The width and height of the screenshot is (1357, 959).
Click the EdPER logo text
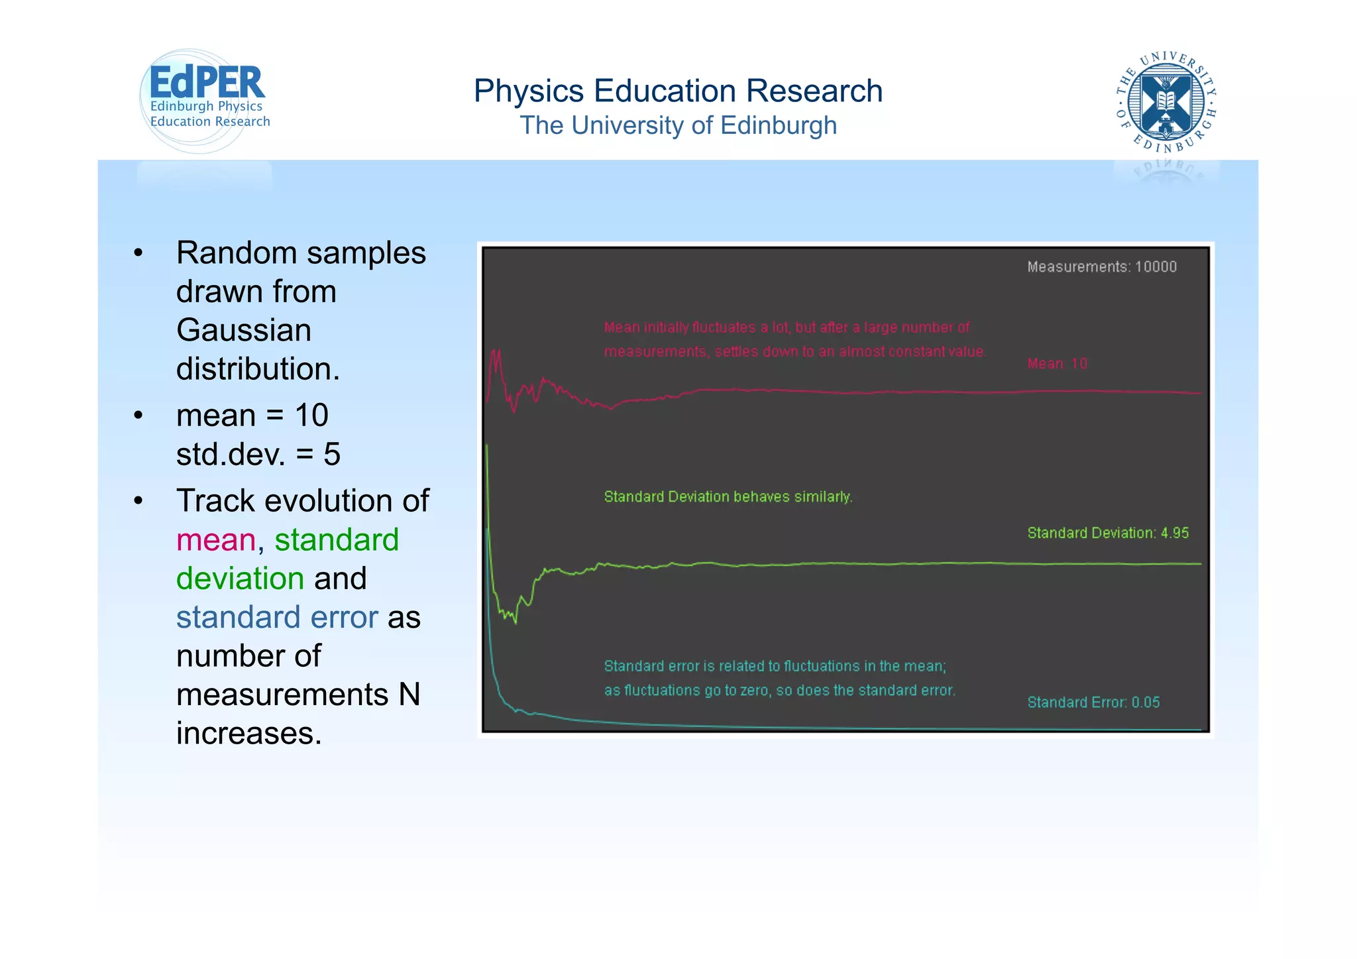click(207, 83)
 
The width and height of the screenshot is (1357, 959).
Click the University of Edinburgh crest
click(1166, 101)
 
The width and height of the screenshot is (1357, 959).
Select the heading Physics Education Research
click(678, 91)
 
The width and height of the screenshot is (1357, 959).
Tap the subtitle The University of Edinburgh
click(678, 125)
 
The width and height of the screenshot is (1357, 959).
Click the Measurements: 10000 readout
click(1101, 266)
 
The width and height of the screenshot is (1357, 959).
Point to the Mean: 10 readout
click(1057, 363)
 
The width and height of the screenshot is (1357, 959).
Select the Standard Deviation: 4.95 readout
click(1108, 533)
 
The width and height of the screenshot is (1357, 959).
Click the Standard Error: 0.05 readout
click(1093, 702)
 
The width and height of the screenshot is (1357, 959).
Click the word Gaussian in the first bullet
click(243, 330)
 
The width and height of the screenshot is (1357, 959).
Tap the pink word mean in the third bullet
click(216, 539)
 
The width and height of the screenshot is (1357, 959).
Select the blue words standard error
click(277, 617)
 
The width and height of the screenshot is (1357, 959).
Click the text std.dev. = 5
click(258, 454)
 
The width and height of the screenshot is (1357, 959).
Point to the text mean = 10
click(252, 416)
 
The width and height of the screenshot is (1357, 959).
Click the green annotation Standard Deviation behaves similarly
click(728, 496)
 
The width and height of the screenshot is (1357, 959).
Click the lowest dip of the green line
click(516, 622)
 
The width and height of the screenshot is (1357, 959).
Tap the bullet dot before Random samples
click(138, 253)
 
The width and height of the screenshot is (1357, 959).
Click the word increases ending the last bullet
click(248, 733)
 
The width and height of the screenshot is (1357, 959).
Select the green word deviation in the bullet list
click(240, 579)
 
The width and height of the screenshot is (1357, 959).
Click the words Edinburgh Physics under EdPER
click(206, 106)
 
